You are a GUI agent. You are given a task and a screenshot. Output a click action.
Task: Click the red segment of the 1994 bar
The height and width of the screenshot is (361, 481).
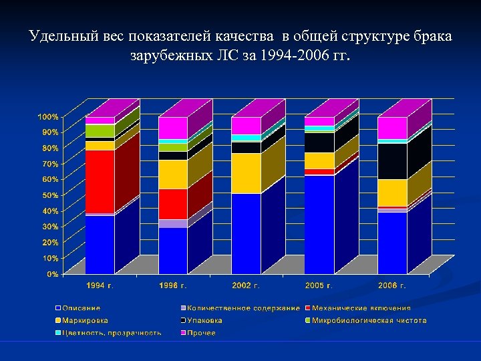click(x=100, y=181)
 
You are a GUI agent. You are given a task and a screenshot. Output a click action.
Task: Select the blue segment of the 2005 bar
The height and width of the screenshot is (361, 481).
click(x=319, y=224)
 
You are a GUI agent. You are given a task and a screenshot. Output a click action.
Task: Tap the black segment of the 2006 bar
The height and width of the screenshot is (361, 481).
click(x=392, y=161)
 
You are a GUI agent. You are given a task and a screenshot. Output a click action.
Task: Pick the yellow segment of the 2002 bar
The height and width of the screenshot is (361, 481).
click(x=246, y=173)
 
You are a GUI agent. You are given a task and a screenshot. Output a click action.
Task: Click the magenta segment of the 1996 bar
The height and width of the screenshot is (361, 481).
click(x=173, y=128)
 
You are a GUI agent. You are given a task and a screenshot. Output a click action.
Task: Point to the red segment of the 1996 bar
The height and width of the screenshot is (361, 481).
click(x=173, y=204)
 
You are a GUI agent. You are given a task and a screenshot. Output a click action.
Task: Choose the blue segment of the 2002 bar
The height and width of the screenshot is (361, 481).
click(x=246, y=233)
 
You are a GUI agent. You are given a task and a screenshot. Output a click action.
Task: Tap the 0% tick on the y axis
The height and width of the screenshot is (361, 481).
click(x=52, y=274)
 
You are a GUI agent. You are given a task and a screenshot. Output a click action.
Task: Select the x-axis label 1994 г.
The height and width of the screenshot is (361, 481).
click(x=100, y=286)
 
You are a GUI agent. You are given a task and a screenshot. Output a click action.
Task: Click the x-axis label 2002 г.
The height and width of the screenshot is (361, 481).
click(x=246, y=286)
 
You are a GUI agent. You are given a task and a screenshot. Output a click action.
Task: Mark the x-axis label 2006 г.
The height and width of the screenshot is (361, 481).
click(x=392, y=286)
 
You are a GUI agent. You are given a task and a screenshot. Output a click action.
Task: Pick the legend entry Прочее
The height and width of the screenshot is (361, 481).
click(x=201, y=332)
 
